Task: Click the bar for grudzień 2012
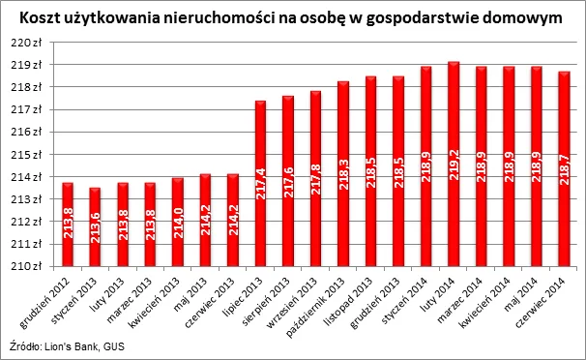coord(68,225)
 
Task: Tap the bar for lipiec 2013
coord(260,184)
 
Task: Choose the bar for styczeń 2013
coord(95,227)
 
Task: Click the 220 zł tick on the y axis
coord(31,42)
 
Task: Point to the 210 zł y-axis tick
coord(31,267)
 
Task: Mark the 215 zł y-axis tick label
coord(31,155)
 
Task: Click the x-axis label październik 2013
coord(323,298)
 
